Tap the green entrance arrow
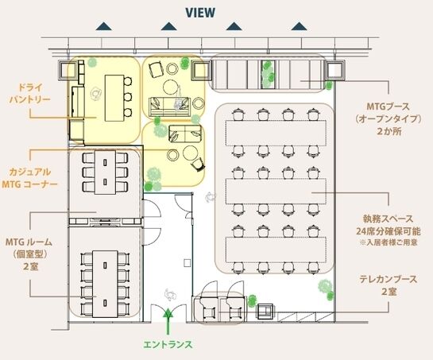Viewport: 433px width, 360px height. (x=168, y=321)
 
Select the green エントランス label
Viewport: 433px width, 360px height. (x=168, y=345)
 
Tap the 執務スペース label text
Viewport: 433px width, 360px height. (x=383, y=219)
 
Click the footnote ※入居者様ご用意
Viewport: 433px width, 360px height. (x=385, y=242)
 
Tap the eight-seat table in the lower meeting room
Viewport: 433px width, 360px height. (x=104, y=274)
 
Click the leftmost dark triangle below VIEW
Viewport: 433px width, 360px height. (x=102, y=27)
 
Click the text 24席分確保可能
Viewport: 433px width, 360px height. (x=383, y=230)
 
